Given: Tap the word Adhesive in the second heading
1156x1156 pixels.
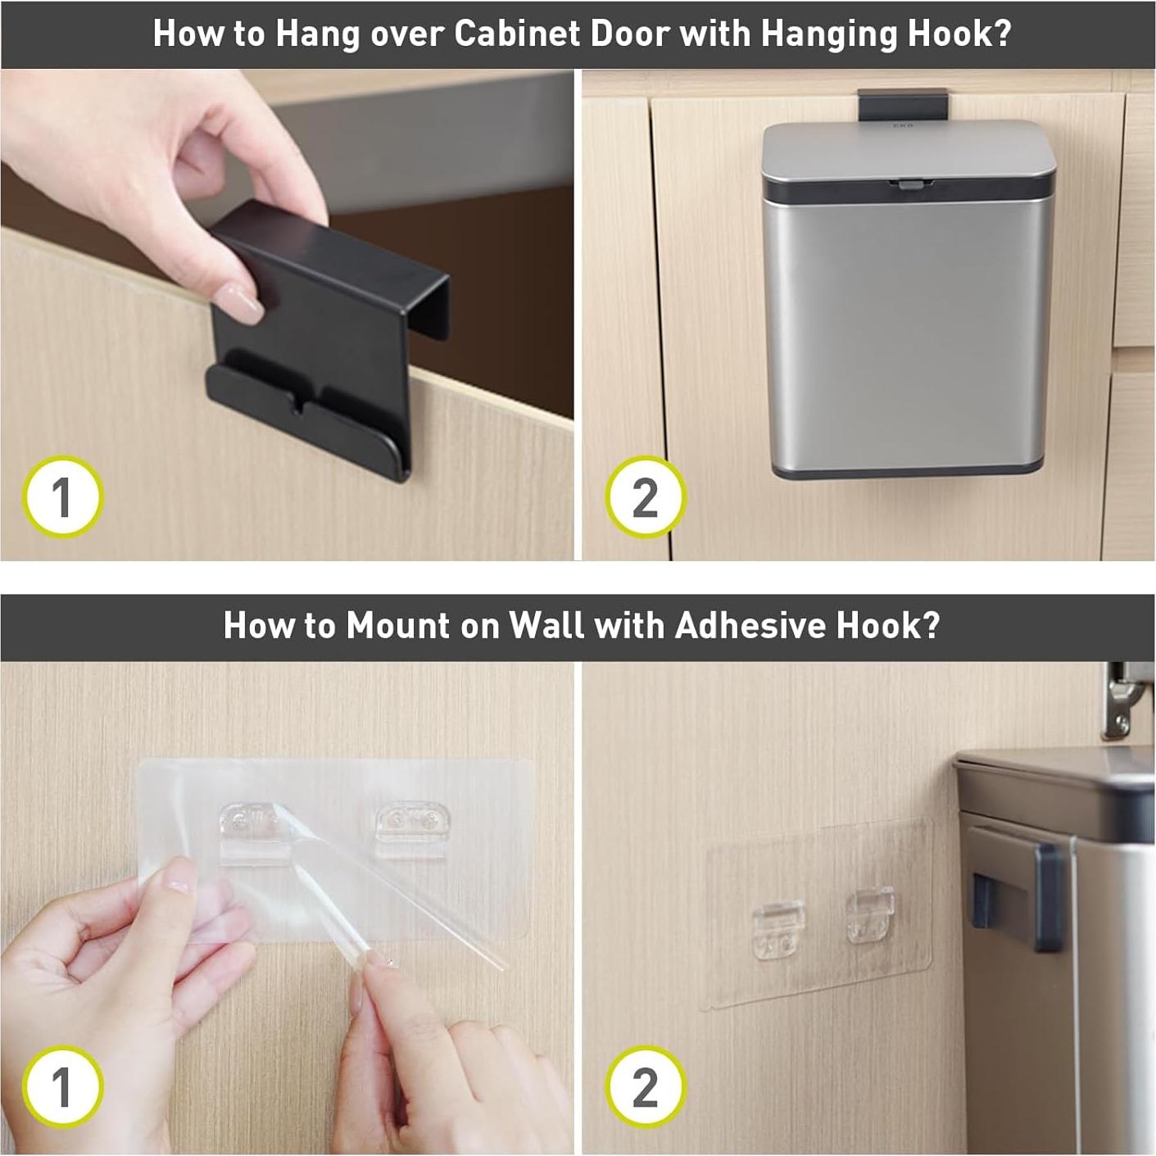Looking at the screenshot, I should click(750, 626).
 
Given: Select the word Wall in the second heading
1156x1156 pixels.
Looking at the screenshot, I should click(546, 626).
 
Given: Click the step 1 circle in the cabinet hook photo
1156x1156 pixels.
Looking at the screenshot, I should click(62, 497).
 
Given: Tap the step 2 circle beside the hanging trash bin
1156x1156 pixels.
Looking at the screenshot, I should click(646, 497).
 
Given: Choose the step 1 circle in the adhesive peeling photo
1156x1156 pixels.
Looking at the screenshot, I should click(62, 1087).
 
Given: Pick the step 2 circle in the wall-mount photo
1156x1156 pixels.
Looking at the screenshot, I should click(646, 1087).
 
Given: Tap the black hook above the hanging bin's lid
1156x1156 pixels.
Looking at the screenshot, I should click(902, 104).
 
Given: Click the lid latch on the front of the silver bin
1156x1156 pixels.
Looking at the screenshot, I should click(909, 184).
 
